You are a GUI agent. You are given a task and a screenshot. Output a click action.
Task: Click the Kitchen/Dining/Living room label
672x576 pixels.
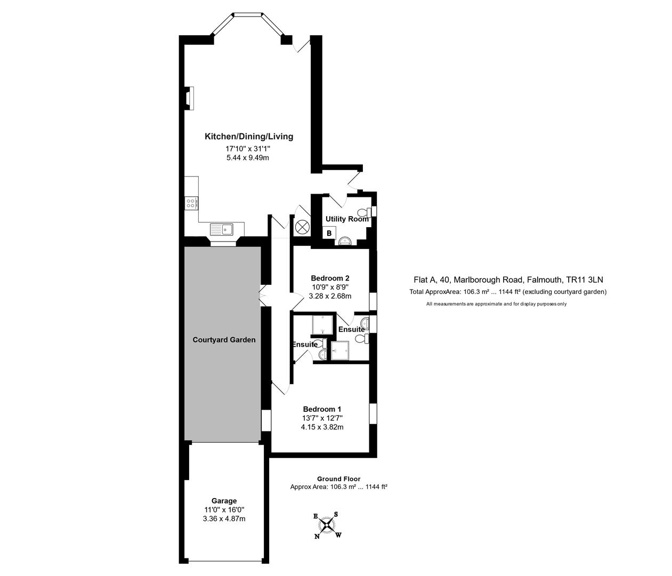249,137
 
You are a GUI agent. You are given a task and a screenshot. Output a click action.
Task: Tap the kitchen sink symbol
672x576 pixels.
222,229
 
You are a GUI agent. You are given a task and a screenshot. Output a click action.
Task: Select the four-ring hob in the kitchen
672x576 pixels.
191,203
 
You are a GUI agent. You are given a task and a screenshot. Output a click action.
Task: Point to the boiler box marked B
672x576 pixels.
329,233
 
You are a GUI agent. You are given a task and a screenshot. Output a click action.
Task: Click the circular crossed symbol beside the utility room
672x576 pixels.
302,227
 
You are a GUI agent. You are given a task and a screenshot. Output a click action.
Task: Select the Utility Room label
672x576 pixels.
347,219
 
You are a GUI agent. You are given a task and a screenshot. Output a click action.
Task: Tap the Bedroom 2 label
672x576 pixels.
330,278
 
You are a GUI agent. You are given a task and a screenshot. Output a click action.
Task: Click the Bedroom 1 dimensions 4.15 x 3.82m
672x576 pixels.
322,427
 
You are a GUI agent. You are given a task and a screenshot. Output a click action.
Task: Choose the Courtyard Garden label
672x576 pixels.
224,340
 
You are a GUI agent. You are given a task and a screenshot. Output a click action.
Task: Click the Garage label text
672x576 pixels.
224,501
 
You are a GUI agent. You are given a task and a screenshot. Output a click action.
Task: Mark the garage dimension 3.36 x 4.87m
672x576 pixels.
224,518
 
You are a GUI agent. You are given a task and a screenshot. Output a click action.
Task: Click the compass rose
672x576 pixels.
327,525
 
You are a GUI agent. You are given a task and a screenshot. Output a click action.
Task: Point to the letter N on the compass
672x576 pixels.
317,537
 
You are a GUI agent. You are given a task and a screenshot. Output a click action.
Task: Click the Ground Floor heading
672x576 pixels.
338,479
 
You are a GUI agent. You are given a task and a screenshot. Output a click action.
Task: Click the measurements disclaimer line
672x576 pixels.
496,304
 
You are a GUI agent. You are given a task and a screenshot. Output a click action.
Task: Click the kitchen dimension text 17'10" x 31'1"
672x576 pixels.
249,149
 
